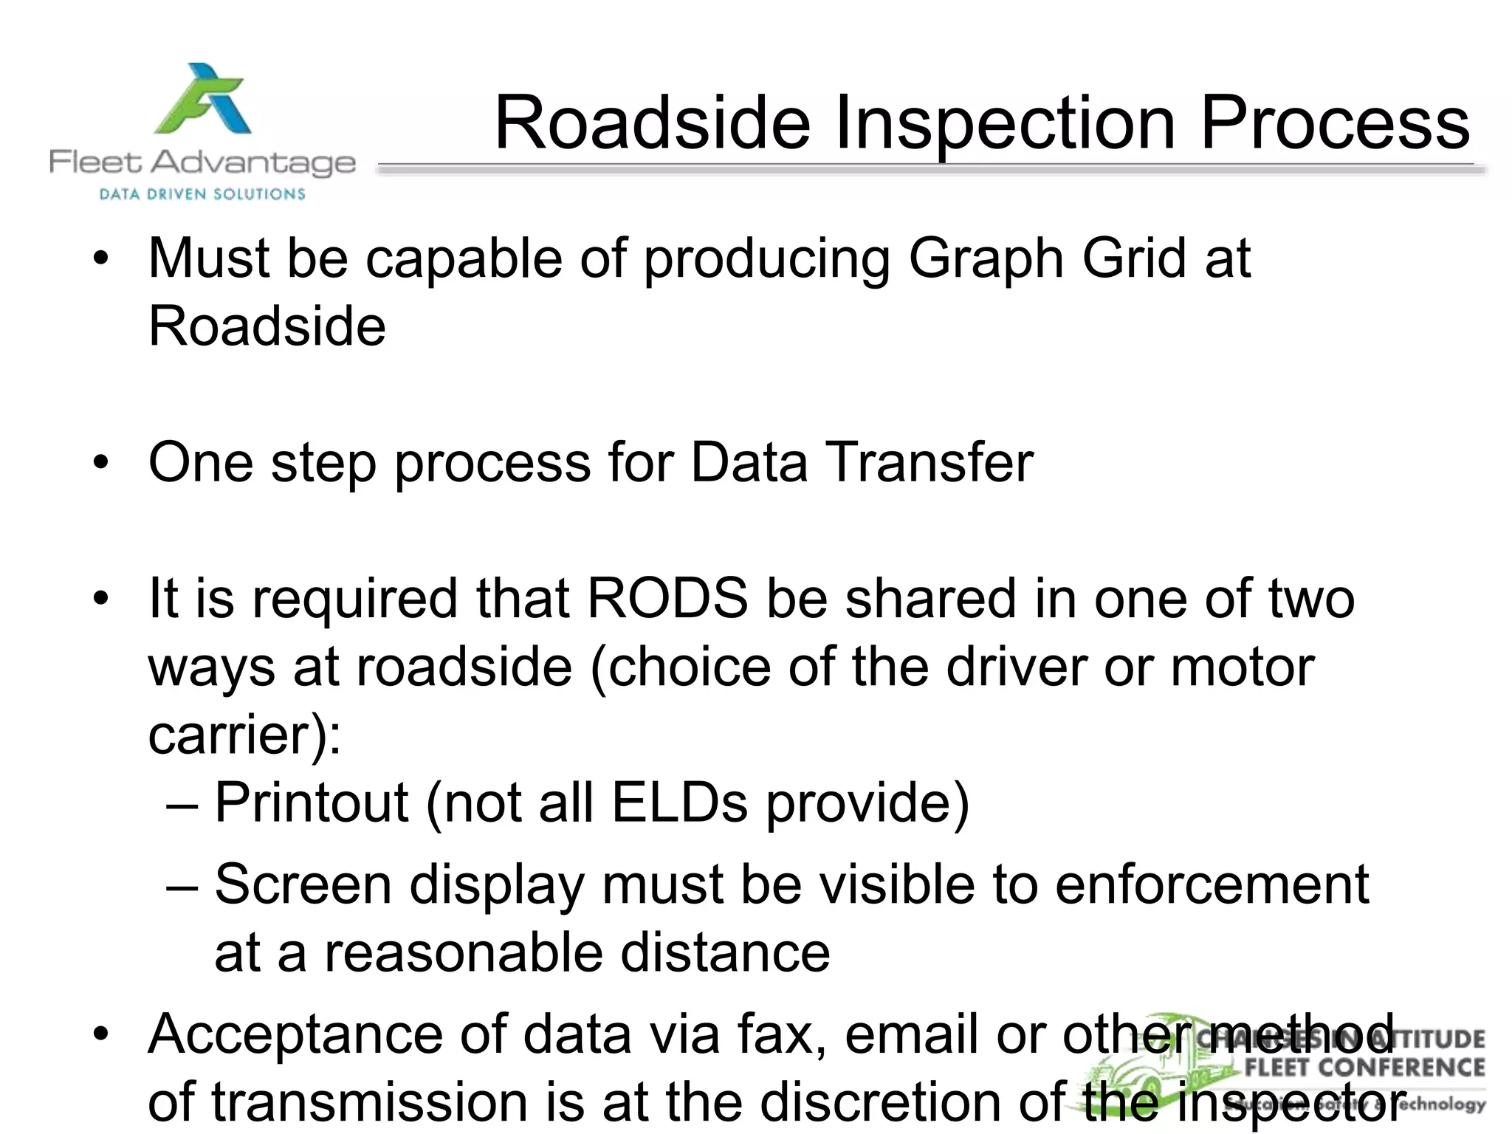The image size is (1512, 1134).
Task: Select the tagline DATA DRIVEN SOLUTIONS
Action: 202,195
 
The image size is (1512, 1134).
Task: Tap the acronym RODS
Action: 667,599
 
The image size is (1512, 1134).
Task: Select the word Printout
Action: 311,803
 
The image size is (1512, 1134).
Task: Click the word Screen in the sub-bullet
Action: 303,884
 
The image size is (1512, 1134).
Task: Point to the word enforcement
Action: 1212,884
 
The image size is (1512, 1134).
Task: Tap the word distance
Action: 724,952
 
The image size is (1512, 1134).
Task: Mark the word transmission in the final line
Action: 371,1102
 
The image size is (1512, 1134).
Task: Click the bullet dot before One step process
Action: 101,463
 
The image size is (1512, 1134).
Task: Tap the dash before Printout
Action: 182,804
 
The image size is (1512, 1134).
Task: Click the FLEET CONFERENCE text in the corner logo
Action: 1364,1068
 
